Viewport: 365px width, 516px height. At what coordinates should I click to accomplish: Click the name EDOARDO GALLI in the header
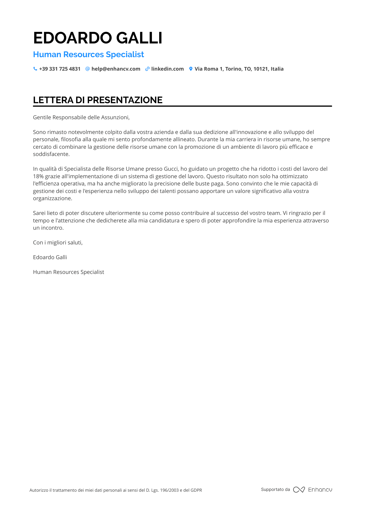coord(98,38)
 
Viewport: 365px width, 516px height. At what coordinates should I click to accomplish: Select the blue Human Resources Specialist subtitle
coord(89,55)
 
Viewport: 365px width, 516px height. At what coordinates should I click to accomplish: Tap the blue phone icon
coord(35,69)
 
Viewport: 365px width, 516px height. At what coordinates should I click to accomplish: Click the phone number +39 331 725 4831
coord(60,69)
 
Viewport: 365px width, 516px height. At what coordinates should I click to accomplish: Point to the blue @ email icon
coord(87,69)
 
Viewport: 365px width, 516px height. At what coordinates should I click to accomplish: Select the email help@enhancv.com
coord(116,69)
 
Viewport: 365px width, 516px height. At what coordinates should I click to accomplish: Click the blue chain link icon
coord(147,69)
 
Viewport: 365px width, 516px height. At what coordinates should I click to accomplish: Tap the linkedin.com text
coord(167,69)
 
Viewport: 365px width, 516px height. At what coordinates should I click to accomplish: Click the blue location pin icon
coord(191,69)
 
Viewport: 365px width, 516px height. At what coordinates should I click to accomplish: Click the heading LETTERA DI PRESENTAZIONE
coord(98,100)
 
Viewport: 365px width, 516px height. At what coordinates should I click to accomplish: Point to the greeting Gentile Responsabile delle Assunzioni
coord(81,117)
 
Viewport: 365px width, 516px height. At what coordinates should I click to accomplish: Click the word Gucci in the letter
coord(171,169)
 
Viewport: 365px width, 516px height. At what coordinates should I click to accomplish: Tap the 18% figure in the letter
coord(38,176)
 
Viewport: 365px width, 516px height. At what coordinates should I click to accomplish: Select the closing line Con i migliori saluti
coord(58,243)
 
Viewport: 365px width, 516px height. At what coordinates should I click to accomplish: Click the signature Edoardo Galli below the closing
coord(50,257)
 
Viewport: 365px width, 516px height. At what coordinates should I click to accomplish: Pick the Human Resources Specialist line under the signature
coord(69,272)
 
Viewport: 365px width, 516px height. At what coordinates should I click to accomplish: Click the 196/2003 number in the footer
coord(169,490)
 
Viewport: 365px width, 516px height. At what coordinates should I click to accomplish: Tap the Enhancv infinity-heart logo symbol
coord(299,490)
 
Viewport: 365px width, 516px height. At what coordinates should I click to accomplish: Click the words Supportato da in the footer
coord(275,489)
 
